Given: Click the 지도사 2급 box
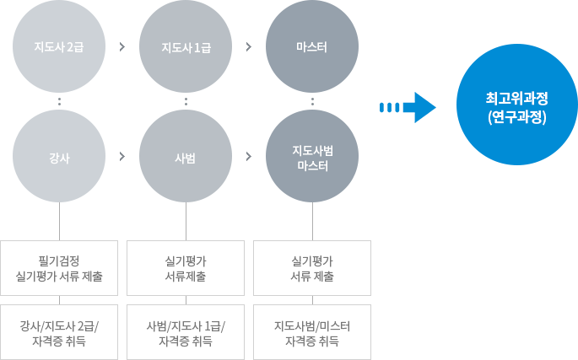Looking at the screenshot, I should point(59,46).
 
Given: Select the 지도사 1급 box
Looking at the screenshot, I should point(186,46).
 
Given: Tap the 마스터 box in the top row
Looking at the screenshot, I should point(312,46).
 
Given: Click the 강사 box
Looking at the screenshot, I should point(59,156).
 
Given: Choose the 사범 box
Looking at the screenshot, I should point(186,156).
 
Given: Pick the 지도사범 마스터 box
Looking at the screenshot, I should point(312,156).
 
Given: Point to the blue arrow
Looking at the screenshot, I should point(407,107).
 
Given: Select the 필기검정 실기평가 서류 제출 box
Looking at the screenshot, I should point(59,268).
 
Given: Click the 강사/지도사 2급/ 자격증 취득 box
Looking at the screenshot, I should point(59,332).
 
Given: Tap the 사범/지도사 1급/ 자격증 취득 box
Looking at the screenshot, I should point(186,332).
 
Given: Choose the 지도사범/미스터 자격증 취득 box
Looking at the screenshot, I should point(312,332).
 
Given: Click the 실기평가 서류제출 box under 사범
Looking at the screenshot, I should point(186,268).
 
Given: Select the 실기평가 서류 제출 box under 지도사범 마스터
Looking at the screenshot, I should point(312,268).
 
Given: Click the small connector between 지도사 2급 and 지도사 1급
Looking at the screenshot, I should point(122,46).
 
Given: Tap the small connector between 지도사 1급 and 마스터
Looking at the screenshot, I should point(249,46).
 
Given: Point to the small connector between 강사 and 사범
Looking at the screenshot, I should point(122,156).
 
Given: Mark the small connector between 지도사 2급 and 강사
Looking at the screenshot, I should point(59,101).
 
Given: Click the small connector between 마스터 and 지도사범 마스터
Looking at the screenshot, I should point(312,101).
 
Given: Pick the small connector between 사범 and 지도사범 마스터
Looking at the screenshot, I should point(249,156).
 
